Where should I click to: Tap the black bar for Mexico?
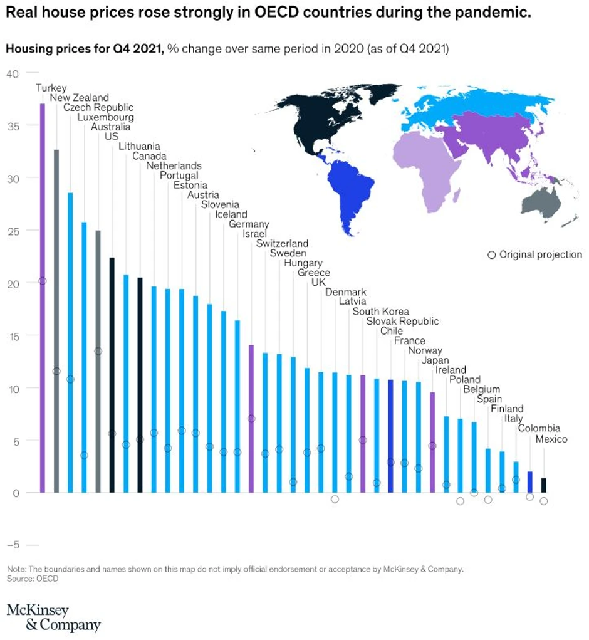(543, 485)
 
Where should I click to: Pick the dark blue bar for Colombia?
(529, 482)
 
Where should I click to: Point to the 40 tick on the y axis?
(13, 73)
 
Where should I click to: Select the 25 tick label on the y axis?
(13, 231)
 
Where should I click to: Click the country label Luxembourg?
(105, 117)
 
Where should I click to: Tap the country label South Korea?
(380, 312)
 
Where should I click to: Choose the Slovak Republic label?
(402, 322)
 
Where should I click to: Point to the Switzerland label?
(282, 243)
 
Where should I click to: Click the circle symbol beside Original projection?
(492, 255)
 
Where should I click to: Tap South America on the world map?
(351, 188)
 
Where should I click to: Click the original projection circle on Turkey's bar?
(43, 281)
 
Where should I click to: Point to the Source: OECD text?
(33, 579)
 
